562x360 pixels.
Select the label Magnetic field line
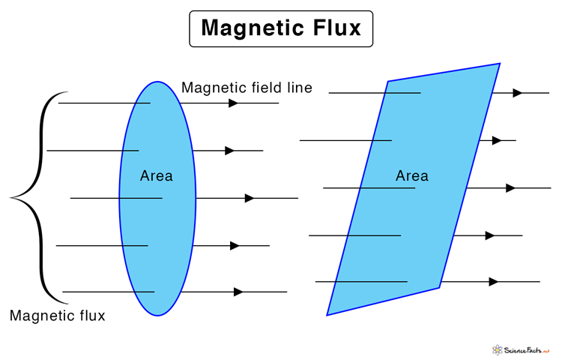point(247,88)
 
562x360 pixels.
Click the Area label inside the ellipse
point(156,175)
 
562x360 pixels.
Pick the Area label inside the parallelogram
point(411,175)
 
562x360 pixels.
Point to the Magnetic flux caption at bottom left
point(57,316)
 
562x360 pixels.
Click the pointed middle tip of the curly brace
point(11,198)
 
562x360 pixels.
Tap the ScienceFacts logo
point(521,349)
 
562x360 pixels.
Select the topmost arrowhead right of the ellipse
point(234,103)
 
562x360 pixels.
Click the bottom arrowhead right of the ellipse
point(238,292)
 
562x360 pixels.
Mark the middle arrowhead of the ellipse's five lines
point(250,198)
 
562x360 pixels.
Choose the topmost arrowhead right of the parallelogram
point(517,93)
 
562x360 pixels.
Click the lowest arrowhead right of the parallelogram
point(493,282)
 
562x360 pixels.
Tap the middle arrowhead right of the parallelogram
point(510,187)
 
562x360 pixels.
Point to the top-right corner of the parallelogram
point(500,64)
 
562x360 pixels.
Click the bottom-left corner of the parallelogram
point(327,315)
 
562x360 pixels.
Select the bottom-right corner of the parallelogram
point(439,287)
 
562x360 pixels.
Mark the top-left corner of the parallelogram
point(387,81)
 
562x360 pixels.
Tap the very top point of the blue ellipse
point(157,82)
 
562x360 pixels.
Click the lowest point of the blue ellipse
point(157,316)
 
